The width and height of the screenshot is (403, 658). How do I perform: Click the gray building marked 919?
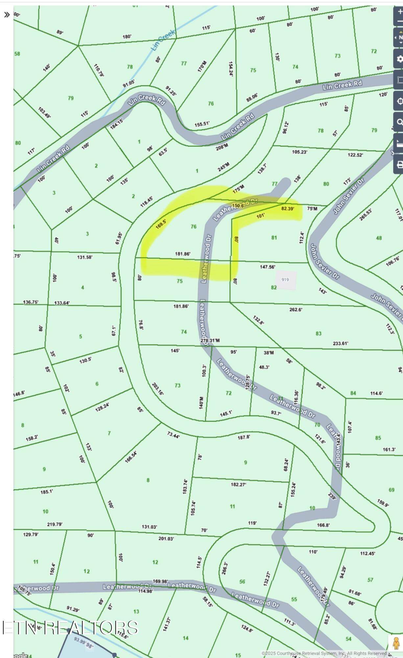(285, 280)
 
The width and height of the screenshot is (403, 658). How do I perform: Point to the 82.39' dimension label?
(288, 209)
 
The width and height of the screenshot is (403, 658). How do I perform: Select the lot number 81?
(274, 238)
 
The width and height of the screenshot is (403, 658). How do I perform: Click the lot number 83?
(319, 333)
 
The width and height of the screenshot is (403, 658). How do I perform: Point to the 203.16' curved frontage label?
(158, 389)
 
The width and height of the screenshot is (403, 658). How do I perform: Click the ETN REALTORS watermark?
(70, 627)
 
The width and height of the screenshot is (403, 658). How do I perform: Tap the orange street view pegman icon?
(396, 643)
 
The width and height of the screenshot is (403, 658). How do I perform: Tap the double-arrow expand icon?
(7, 15)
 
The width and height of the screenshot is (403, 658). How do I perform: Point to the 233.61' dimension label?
(340, 343)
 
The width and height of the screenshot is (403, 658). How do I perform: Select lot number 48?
(379, 238)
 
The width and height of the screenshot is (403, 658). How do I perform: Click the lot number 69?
(391, 490)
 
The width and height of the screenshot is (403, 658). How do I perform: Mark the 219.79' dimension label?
(55, 524)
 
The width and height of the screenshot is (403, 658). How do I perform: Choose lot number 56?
(242, 582)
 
